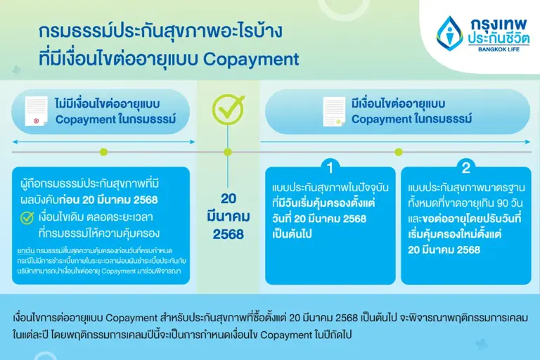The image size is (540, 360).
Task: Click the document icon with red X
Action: [x=35, y=112]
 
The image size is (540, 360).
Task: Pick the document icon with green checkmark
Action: [x=333, y=112]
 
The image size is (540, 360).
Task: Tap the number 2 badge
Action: [x=465, y=167]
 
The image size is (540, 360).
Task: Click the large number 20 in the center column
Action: [x=229, y=198]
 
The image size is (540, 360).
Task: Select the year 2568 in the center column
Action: [x=229, y=233]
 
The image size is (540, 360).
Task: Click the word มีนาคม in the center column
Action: [x=229, y=216]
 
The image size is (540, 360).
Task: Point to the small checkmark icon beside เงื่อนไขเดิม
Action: [x=27, y=217]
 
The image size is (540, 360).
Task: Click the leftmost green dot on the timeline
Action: [x=104, y=151]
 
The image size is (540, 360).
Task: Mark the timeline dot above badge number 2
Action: [x=399, y=151]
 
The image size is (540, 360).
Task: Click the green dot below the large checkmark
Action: [x=227, y=151]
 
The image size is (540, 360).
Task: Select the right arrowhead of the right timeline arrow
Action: [x=528, y=141]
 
